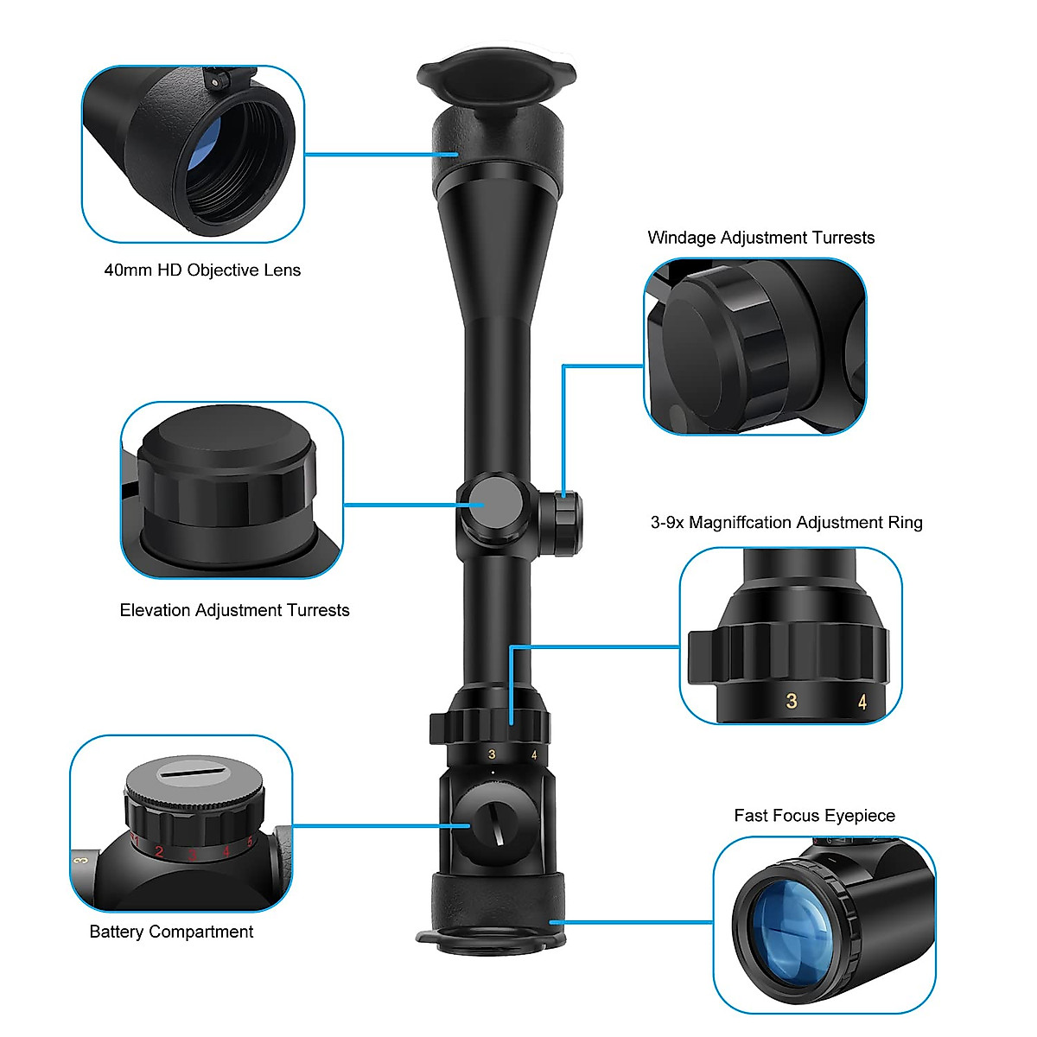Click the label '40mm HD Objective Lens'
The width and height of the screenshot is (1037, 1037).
point(202,270)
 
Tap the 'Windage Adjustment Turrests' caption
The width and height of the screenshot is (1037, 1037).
point(760,238)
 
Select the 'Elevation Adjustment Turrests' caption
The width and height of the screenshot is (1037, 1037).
point(234,610)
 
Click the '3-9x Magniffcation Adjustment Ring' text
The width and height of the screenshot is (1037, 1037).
point(786,522)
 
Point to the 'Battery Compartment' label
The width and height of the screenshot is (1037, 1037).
point(171,932)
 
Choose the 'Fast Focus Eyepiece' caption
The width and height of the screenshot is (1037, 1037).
point(814,816)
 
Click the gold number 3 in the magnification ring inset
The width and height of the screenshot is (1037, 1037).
point(792,701)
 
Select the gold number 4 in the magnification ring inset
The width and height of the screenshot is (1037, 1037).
point(862,703)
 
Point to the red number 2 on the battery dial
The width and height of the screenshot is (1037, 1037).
point(159,852)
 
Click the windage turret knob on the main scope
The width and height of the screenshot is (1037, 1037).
point(563,522)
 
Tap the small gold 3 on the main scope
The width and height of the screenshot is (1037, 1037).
point(492,754)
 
